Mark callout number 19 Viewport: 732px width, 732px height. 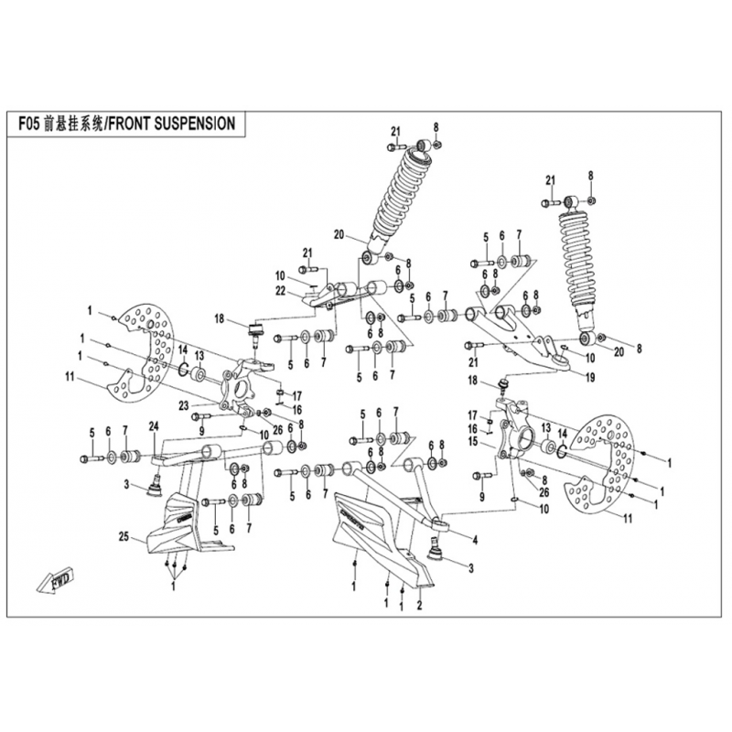pyautogui.click(x=588, y=376)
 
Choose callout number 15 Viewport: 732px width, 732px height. pyautogui.click(x=473, y=442)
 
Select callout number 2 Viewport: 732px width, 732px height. pyautogui.click(x=419, y=604)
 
